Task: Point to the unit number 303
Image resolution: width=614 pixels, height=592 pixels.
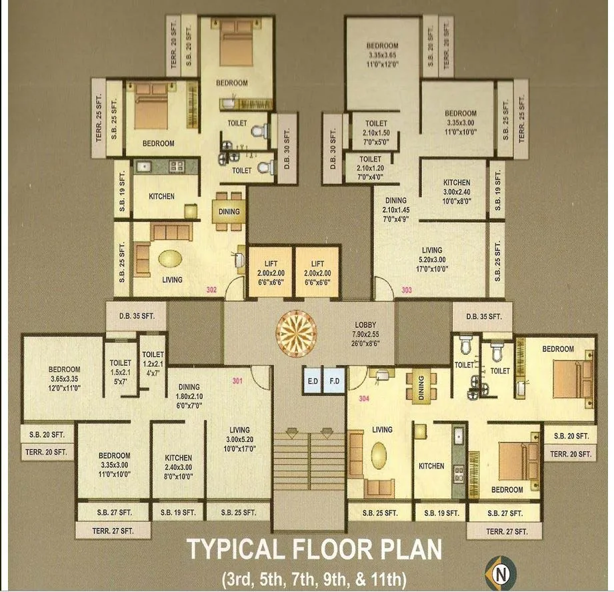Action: click(x=407, y=290)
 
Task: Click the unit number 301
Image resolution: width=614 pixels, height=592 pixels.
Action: click(x=238, y=381)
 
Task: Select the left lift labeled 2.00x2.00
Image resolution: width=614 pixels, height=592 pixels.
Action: click(x=270, y=272)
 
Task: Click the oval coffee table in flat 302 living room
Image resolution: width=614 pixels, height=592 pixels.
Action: click(x=170, y=258)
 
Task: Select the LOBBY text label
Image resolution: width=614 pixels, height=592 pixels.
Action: click(x=365, y=324)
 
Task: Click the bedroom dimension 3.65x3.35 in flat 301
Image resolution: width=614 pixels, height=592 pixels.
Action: click(x=65, y=378)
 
